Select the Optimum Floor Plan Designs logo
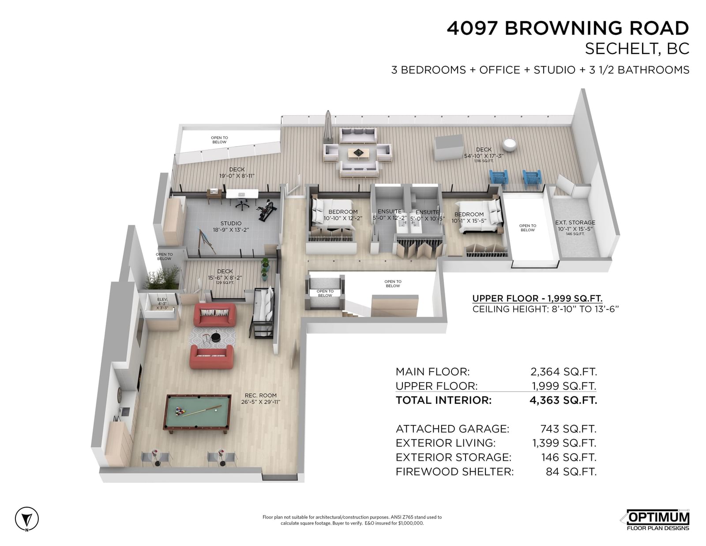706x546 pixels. pyautogui.click(x=657, y=520)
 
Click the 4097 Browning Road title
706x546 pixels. pyautogui.click(x=567, y=28)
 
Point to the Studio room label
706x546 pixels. pyautogui.click(x=231, y=223)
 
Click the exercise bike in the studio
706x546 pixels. pyautogui.click(x=267, y=210)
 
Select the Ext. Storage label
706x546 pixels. pyautogui.click(x=575, y=222)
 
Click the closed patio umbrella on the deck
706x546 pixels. pyautogui.click(x=328, y=128)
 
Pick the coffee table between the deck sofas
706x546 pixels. pyautogui.click(x=359, y=154)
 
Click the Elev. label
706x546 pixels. pyautogui.click(x=162, y=299)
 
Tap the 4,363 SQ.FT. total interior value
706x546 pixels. pyautogui.click(x=563, y=400)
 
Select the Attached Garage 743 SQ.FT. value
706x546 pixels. pyautogui.click(x=568, y=429)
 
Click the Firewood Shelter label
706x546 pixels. pyautogui.click(x=454, y=471)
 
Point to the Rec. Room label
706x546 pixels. pyautogui.click(x=261, y=395)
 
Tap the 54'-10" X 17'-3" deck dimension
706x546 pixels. pyautogui.click(x=484, y=156)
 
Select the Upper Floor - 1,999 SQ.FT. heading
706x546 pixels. pyautogui.click(x=537, y=298)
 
